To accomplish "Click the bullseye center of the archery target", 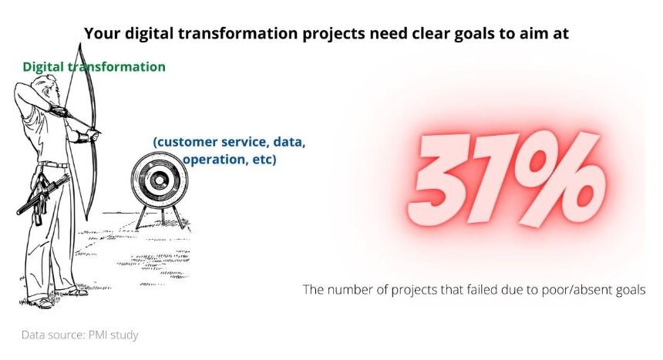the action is (159, 180).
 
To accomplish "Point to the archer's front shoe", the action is (77, 291).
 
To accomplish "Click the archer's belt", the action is (53, 164).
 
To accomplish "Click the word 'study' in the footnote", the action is (124, 335).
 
